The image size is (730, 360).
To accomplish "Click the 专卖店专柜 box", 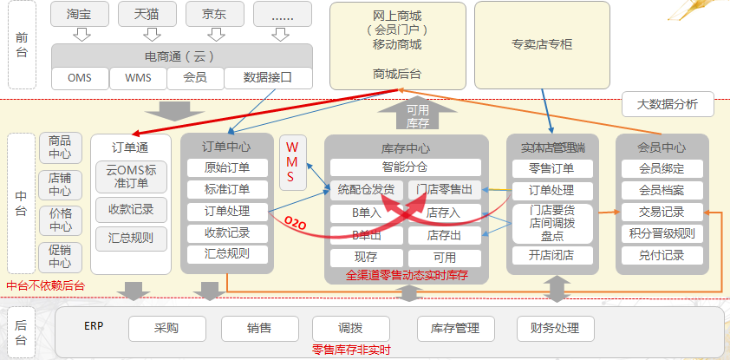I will [542, 45].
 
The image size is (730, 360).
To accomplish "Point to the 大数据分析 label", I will [668, 105].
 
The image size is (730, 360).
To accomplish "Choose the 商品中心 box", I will [60, 148].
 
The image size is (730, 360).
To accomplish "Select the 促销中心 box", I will [60, 258].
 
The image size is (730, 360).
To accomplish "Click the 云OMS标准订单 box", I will [132, 177].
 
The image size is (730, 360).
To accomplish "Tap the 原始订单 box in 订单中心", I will [227, 167].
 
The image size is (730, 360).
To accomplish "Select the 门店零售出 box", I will [444, 189].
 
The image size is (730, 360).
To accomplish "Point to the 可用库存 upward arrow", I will [418, 114].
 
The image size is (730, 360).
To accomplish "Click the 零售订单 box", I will [551, 168].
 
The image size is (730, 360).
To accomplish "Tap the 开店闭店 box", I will [551, 255].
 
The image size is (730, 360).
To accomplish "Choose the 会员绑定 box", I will [662, 168].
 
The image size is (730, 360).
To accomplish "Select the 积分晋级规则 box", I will [662, 233].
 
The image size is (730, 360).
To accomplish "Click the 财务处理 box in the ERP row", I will [556, 329].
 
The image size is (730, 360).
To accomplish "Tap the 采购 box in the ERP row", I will [167, 329].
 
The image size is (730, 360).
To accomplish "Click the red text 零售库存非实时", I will [351, 350].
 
